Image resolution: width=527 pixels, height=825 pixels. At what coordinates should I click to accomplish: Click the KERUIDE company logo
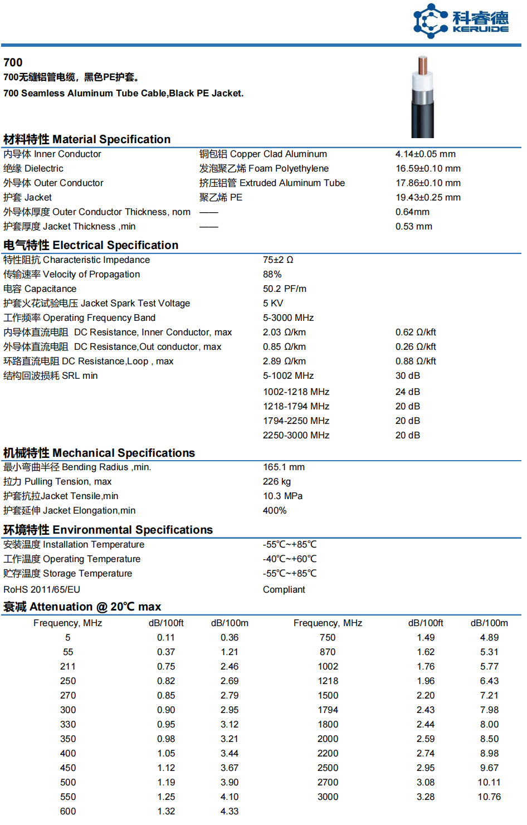[x=461, y=21]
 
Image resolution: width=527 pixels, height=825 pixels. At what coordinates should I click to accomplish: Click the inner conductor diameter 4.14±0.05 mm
[x=425, y=154]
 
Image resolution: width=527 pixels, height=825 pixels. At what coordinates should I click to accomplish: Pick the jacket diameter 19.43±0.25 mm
[x=428, y=198]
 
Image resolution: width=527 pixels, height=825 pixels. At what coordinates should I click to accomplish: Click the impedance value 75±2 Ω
[x=278, y=260]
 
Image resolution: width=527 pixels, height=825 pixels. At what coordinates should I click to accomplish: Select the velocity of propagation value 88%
[x=272, y=275]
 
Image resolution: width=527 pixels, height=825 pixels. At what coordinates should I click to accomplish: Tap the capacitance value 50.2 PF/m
[x=284, y=289]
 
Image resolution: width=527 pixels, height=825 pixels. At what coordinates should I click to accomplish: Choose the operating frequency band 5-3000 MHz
[x=288, y=318]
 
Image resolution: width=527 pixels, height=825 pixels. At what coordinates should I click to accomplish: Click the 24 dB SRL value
[x=407, y=392]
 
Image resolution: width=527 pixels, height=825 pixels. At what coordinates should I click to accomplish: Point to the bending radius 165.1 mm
[x=284, y=467]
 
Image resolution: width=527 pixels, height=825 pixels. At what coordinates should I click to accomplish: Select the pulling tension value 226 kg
[x=276, y=482]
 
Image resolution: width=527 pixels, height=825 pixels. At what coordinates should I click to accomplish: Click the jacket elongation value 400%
[x=275, y=511]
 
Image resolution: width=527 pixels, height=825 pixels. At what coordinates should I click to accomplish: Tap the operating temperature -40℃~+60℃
[x=290, y=559]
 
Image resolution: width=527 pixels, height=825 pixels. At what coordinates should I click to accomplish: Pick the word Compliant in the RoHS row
[x=284, y=590]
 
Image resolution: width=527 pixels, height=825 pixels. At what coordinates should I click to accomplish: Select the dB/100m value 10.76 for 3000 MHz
[x=489, y=797]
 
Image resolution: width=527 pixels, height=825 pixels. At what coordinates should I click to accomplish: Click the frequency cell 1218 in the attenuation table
[x=328, y=681]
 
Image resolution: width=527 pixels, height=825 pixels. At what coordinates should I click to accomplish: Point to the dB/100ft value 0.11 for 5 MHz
[x=165, y=638]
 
